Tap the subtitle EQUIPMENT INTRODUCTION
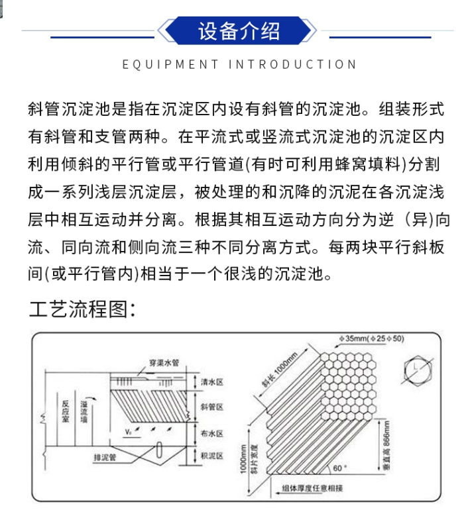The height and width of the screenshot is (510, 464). point(240,64)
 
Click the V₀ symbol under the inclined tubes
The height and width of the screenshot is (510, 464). point(129,431)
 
